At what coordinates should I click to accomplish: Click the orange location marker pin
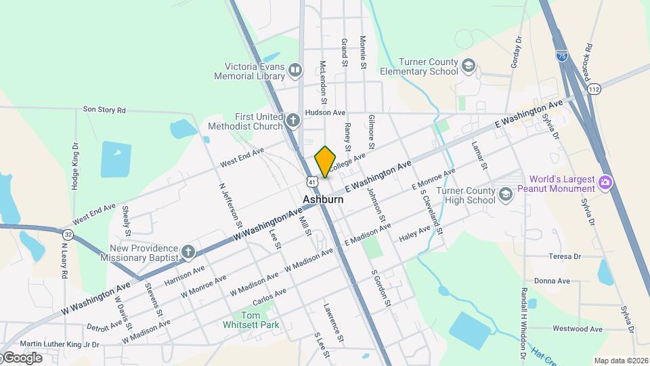(325, 161)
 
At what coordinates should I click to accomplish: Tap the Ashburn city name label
(322, 200)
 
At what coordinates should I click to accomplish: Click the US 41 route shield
(311, 181)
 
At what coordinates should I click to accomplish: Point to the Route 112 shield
(594, 89)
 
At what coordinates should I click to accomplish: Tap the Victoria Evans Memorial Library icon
(295, 69)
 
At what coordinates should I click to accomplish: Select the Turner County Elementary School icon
(468, 66)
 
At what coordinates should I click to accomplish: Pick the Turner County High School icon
(505, 195)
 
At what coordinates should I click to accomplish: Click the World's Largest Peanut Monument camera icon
(606, 182)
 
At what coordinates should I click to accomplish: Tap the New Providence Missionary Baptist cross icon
(188, 253)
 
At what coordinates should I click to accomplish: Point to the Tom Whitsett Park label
(251, 320)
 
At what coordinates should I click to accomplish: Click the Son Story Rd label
(104, 109)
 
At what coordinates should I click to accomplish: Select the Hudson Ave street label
(325, 113)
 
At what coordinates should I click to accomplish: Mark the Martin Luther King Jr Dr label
(60, 344)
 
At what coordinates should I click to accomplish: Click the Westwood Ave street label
(577, 329)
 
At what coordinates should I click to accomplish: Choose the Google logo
(22, 358)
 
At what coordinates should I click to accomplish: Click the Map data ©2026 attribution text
(620, 361)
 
